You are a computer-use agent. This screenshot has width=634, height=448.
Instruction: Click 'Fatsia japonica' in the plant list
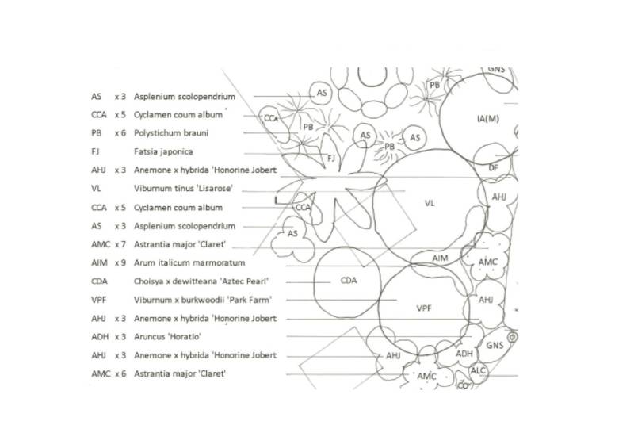click(163, 151)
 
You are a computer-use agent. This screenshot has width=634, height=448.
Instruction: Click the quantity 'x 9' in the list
click(120, 262)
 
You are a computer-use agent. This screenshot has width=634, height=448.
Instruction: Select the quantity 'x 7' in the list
click(120, 244)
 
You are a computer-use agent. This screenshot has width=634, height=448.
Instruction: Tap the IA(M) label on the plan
click(487, 119)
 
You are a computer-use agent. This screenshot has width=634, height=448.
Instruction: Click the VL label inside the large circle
click(430, 204)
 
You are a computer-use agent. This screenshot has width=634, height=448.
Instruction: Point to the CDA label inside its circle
click(349, 281)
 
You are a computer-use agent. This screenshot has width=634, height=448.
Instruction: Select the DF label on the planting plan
click(493, 167)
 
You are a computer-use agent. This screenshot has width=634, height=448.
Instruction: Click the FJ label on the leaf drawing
click(331, 159)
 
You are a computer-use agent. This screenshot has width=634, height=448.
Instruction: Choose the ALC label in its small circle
click(478, 370)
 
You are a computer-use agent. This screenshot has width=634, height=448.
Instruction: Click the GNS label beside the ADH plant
click(495, 345)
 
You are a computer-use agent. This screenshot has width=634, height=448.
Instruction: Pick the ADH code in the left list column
click(99, 336)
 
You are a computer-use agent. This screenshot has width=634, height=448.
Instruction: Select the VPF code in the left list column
click(99, 300)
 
